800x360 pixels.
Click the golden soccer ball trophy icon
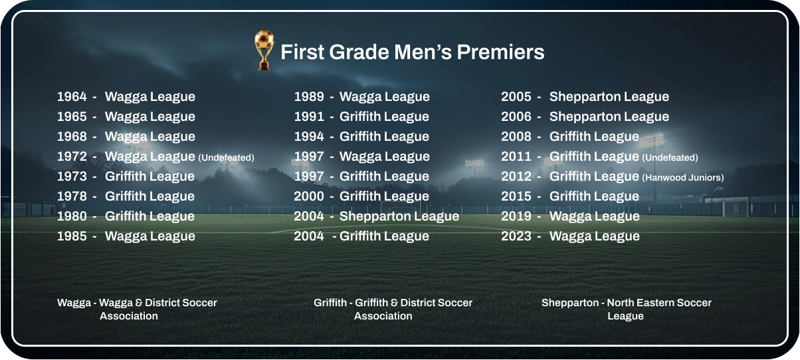tap(264, 50)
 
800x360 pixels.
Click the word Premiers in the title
tap(500, 52)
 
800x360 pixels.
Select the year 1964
tap(72, 96)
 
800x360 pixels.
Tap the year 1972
tap(72, 157)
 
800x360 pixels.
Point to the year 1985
tap(72, 236)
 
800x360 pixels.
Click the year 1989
tap(309, 96)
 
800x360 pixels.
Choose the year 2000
tap(309, 196)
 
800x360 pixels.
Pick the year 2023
tap(516, 236)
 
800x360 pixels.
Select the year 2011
tap(516, 157)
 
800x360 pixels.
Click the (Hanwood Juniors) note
tap(683, 177)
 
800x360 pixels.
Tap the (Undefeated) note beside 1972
tap(226, 157)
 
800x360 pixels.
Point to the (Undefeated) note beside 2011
tap(670, 157)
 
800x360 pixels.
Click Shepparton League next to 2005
tap(609, 97)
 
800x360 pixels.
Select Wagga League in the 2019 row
tap(594, 217)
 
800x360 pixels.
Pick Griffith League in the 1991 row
tap(384, 117)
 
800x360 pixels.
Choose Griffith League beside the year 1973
tap(150, 177)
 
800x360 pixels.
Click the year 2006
tap(516, 116)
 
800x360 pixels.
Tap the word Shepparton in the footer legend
tap(570, 303)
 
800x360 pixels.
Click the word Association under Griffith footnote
tap(383, 316)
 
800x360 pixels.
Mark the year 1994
tap(309, 136)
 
